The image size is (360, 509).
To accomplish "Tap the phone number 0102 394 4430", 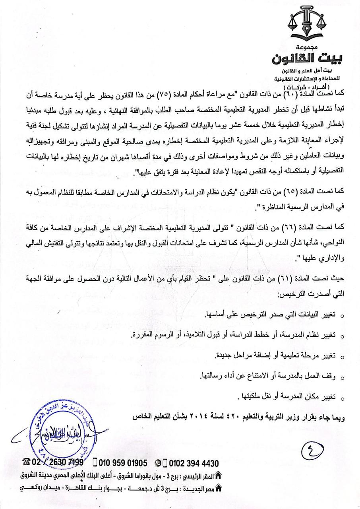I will pyautogui.click(x=194, y=463).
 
